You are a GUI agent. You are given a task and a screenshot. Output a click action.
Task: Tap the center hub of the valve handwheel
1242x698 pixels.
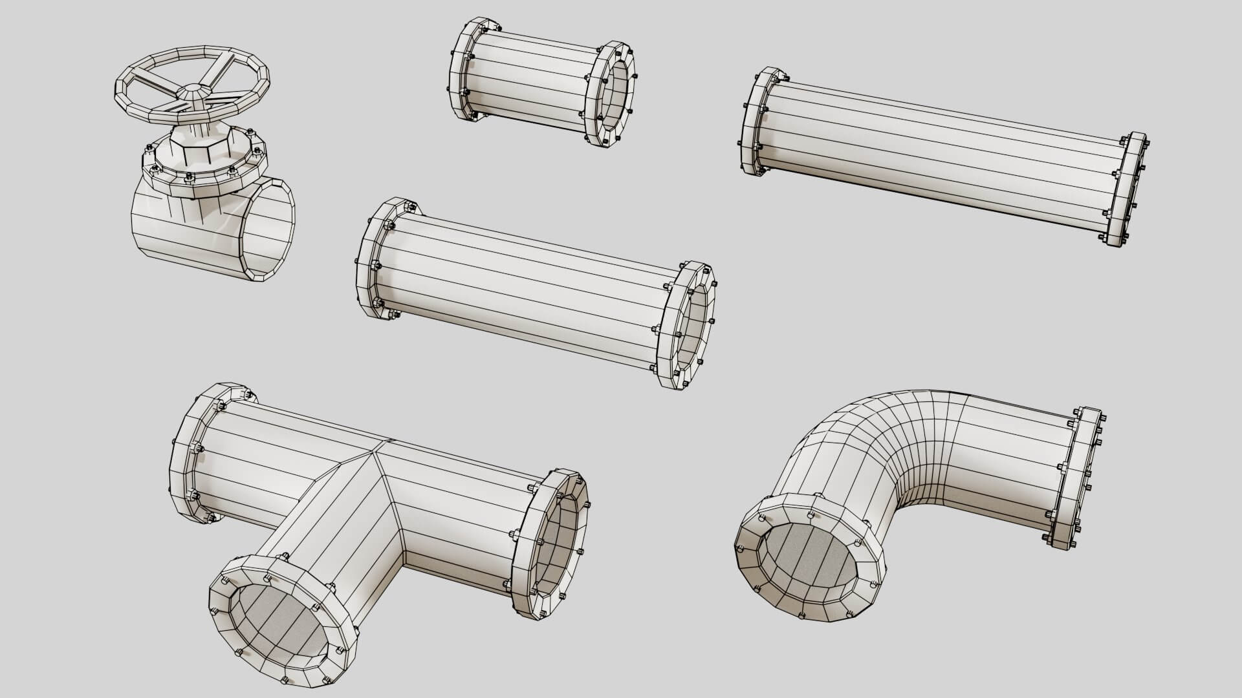point(192,92)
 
